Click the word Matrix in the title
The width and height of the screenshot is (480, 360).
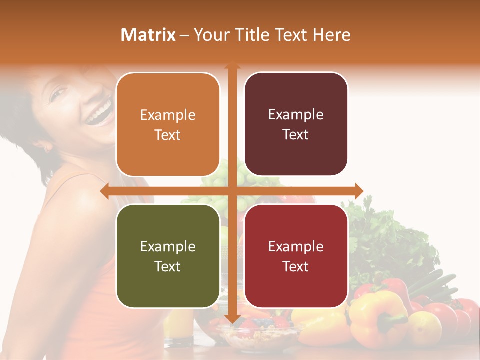[x=148, y=35]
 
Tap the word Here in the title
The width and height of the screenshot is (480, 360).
[x=331, y=35]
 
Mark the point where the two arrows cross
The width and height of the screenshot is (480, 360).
[x=232, y=191]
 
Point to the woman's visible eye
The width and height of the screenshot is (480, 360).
[x=59, y=93]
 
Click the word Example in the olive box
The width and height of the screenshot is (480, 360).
[x=168, y=247]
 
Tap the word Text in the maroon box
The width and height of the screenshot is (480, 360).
[x=296, y=135]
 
